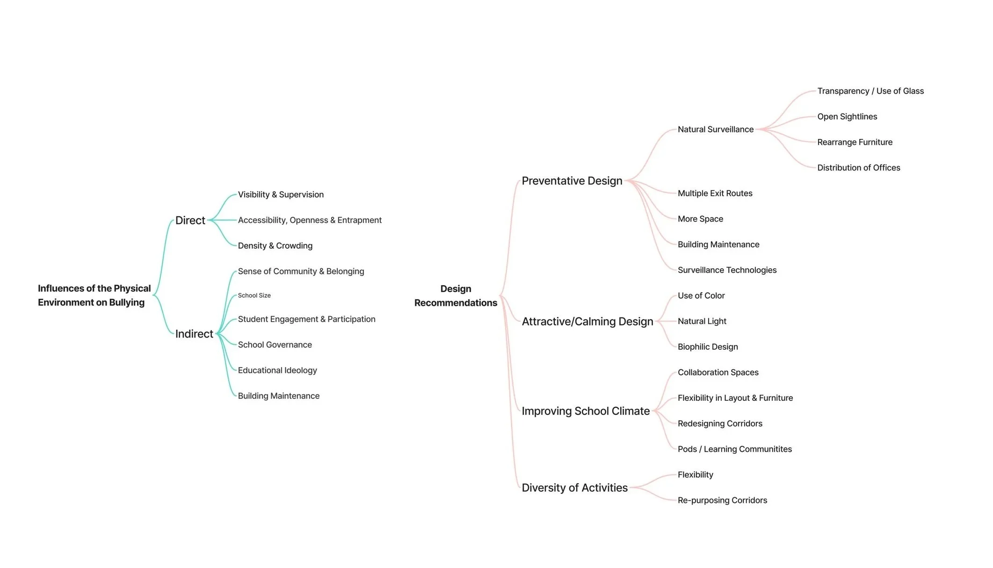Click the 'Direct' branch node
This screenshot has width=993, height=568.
(x=190, y=221)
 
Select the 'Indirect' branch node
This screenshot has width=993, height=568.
(x=194, y=334)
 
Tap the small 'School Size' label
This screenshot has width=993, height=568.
(x=254, y=295)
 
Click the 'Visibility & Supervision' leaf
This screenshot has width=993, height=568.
(x=281, y=195)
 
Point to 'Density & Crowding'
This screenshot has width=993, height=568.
(x=275, y=246)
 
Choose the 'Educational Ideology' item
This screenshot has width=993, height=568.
(x=277, y=370)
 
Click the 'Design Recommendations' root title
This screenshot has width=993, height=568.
(x=456, y=296)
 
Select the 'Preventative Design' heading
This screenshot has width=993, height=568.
(x=572, y=181)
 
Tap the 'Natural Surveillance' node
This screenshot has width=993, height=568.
(x=715, y=130)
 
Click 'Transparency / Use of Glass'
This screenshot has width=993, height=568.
(x=870, y=91)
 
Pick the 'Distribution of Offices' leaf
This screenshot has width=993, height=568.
(x=858, y=168)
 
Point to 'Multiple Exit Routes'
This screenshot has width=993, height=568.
(x=715, y=193)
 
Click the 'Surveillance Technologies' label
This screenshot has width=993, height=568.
(x=727, y=270)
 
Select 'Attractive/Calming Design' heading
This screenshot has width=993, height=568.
(x=587, y=322)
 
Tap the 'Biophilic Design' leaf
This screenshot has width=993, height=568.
(x=708, y=347)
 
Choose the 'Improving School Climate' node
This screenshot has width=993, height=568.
(x=586, y=411)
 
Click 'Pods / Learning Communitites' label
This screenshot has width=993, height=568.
(x=734, y=450)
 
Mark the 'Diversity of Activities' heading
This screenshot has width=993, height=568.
(x=574, y=488)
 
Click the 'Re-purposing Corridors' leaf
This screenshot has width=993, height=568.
(x=722, y=501)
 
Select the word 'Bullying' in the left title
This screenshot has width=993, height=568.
(x=127, y=302)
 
